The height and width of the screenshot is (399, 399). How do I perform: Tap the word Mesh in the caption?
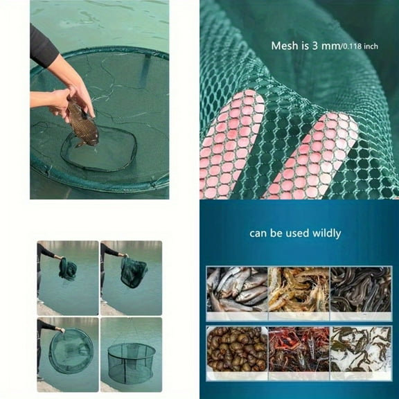click(285, 46)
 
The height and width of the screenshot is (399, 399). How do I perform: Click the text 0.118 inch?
click(360, 47)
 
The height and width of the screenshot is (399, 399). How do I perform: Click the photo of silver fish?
click(235, 290)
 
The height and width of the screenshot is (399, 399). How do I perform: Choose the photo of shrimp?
click(297, 290)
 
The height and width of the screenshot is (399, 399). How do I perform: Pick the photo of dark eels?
click(360, 290)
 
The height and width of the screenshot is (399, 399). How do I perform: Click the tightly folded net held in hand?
click(68, 269)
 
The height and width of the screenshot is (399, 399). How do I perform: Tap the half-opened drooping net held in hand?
click(133, 273)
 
